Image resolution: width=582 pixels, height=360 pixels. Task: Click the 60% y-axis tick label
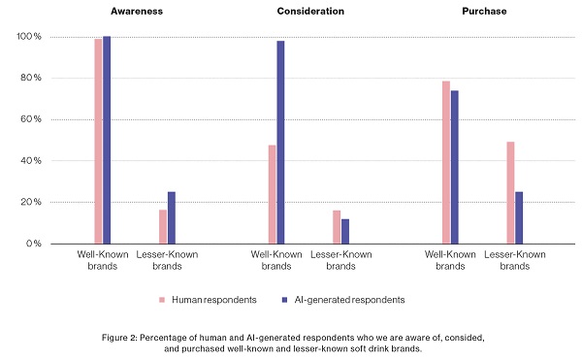pyautogui.click(x=30, y=119)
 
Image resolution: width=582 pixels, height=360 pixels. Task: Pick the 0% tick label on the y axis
pyautogui.click(x=33, y=244)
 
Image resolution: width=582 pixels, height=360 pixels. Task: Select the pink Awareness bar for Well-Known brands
pyautogui.click(x=99, y=141)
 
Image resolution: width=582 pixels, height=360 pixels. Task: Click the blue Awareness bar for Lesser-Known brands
pyautogui.click(x=172, y=217)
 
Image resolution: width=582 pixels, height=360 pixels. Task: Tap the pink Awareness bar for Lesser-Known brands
pyautogui.click(x=163, y=226)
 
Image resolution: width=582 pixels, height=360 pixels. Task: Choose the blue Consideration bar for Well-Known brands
pyautogui.click(x=281, y=142)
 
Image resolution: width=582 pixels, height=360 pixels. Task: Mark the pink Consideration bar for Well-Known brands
pyautogui.click(x=273, y=194)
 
